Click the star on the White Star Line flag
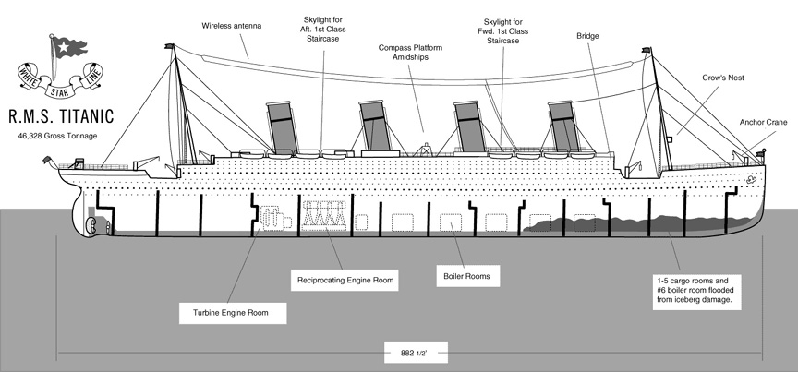(x=63, y=47)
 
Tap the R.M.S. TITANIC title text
(x=61, y=116)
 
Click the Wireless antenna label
(x=232, y=26)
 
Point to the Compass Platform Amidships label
(x=410, y=53)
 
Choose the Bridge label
(x=587, y=36)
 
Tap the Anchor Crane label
(x=764, y=122)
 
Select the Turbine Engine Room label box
(x=233, y=313)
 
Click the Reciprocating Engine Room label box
(x=345, y=280)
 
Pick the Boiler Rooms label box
(x=467, y=276)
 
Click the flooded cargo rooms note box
(x=696, y=292)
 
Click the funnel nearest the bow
(x=564, y=126)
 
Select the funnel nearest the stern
(x=281, y=127)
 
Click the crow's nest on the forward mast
(x=670, y=138)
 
